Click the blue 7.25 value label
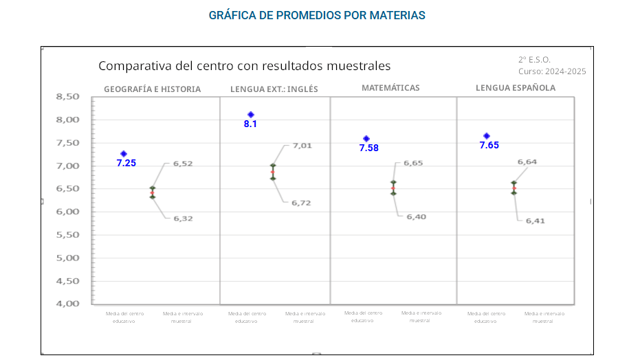pos(126,164)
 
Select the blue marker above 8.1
pos(251,115)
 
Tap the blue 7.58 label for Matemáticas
pos(368,148)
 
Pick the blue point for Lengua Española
pos(487,136)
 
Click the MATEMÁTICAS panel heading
pos(390,88)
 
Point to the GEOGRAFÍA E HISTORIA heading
pos(152,89)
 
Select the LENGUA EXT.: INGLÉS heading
pos(274,89)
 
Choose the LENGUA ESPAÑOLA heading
pos(516,88)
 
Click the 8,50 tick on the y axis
pos(68,97)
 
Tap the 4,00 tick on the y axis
pos(68,304)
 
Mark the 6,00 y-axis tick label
pos(68,212)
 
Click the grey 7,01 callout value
pos(302,146)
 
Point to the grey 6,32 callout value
pos(183,218)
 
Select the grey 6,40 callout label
pos(416,217)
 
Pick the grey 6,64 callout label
pos(527,162)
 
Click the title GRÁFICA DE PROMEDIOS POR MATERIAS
pos(317,15)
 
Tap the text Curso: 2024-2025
pos(552,71)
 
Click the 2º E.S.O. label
pos(534,60)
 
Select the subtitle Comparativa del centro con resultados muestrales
pos(244,66)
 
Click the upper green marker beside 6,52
pos(153,188)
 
